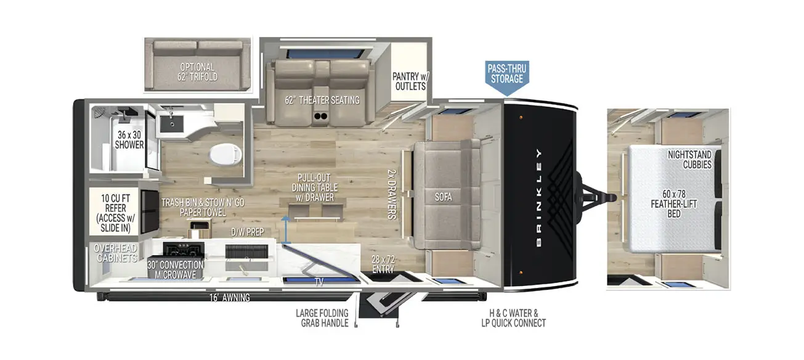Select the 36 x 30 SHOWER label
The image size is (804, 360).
(129, 140)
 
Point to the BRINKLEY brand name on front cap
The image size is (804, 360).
(539, 198)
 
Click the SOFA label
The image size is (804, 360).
(443, 197)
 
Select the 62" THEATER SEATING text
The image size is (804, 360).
(322, 100)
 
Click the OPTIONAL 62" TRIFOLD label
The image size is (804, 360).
(198, 73)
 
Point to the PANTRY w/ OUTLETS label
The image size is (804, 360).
(409, 81)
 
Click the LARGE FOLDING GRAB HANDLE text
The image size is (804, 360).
(322, 318)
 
